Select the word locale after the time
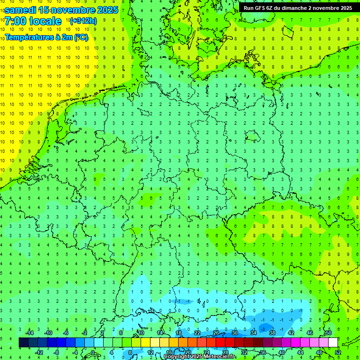click(x=45, y=21)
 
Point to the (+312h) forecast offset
click(x=82, y=21)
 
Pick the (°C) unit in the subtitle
click(x=81, y=37)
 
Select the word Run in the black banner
click(x=248, y=8)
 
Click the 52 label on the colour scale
click(x=337, y=352)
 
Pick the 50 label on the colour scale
click(x=328, y=333)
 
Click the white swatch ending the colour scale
click(x=333, y=343)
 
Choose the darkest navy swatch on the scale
click(x=23, y=343)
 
